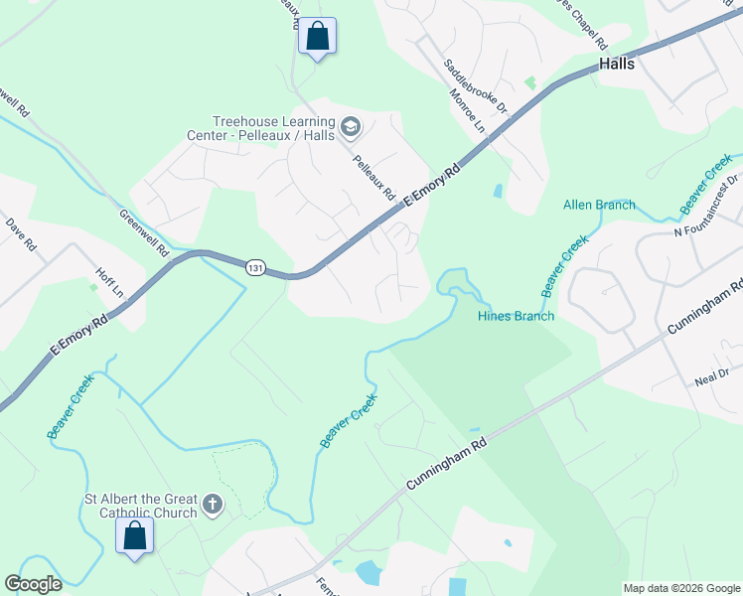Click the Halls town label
pos(617,64)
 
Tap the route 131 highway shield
pos(256,268)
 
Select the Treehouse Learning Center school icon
pos(350,127)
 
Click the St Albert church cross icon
pos(211,506)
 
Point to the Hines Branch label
pos(516,316)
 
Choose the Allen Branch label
pos(599,206)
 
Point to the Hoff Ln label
pos(109,282)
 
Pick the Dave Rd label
pos(21,234)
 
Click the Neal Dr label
pos(711,373)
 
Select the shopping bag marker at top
pos(317,37)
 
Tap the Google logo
pos(33,584)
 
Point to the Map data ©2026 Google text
pos(681,588)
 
